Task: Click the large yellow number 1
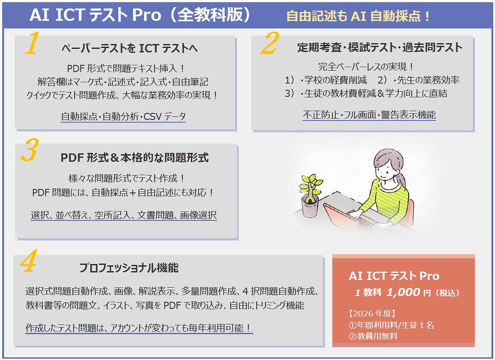[x=32, y=43]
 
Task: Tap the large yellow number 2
[x=270, y=43]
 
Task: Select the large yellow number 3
[x=30, y=150]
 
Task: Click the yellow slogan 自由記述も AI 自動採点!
[x=358, y=16]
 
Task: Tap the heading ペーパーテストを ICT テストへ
[x=129, y=48]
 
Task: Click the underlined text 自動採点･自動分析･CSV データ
[x=123, y=116]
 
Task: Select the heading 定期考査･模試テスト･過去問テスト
[x=380, y=47]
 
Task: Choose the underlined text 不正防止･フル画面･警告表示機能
[x=369, y=115]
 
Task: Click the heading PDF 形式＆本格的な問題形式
[x=134, y=157]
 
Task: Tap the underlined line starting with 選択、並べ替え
[x=124, y=215]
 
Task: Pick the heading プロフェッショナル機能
[x=129, y=268]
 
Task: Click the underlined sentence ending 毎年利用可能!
[x=139, y=328]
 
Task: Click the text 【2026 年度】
[x=372, y=313]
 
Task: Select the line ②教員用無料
[x=373, y=336]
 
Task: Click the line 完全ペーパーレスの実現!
[x=366, y=67]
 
